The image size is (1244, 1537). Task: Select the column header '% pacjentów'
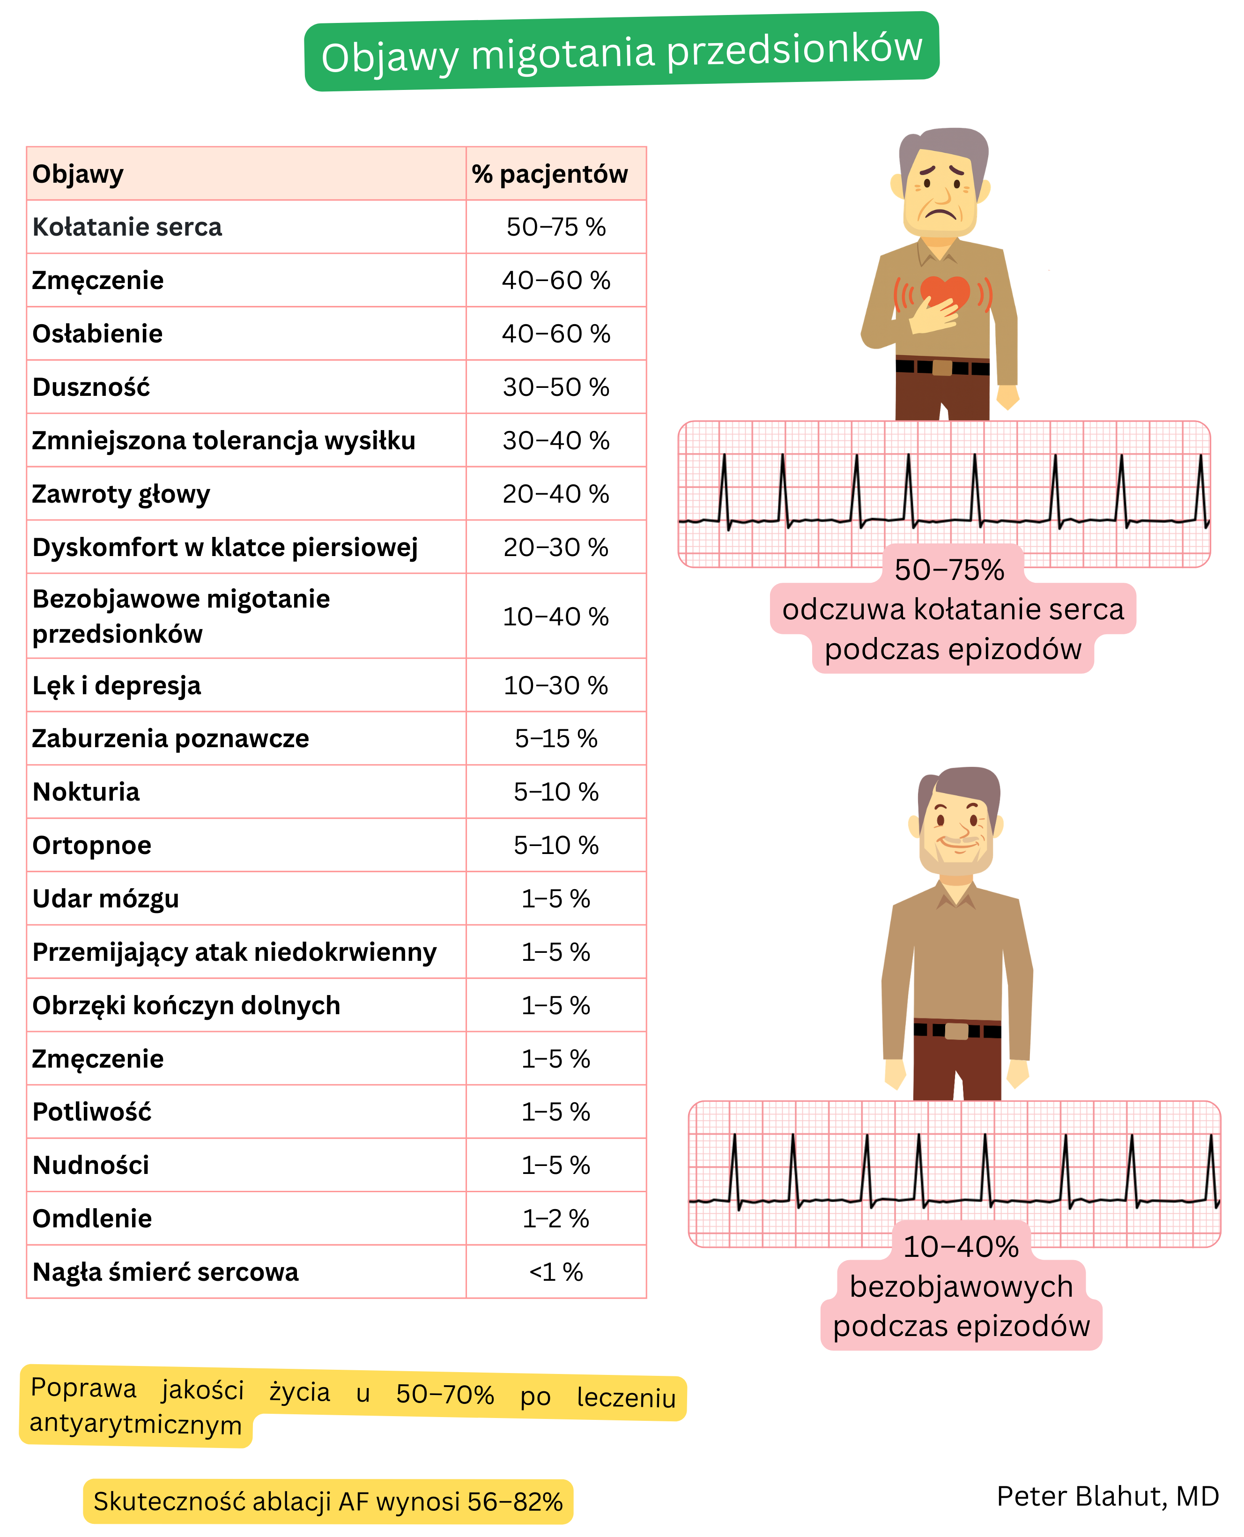pyautogui.click(x=549, y=174)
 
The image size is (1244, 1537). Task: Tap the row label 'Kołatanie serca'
pyautogui.click(x=127, y=227)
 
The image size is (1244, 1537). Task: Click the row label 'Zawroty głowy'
pyautogui.click(x=121, y=494)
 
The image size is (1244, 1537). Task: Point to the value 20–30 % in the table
pyautogui.click(x=555, y=548)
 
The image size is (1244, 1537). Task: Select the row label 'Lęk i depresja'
pyautogui.click(x=117, y=686)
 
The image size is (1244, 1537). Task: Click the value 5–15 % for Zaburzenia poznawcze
pyautogui.click(x=555, y=739)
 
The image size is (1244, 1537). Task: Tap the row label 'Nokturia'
pyautogui.click(x=86, y=792)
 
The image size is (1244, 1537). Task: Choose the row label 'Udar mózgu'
pyautogui.click(x=105, y=898)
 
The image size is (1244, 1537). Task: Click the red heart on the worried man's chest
pyautogui.click(x=944, y=290)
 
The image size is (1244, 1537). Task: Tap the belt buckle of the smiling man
pyautogui.click(x=956, y=1031)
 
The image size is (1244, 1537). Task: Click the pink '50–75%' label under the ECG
pyautogui.click(x=949, y=570)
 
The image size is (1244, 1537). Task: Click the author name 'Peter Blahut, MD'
pyautogui.click(x=1107, y=1496)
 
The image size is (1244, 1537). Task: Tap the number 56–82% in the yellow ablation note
pyautogui.click(x=515, y=1501)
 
